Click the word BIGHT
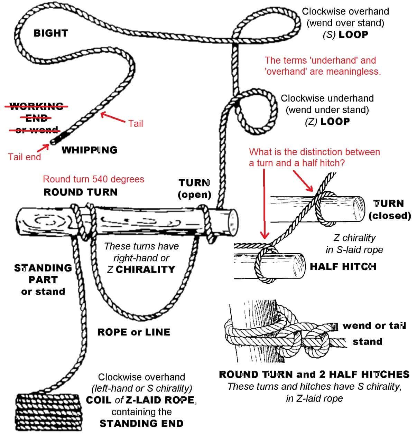pos(51,33)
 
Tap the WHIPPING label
pos(90,150)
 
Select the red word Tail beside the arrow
pos(136,123)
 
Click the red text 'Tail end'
pos(25,157)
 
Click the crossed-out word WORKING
pos(36,106)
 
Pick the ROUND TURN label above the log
pos(81,192)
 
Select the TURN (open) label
pos(194,188)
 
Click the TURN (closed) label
pos(389,209)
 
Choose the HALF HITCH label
pos(343,266)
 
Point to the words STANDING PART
pos(43,274)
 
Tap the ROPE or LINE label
pos(134,332)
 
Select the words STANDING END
pos(141,423)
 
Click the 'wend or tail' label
pos(374,325)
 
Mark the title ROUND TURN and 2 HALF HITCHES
pos(314,374)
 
